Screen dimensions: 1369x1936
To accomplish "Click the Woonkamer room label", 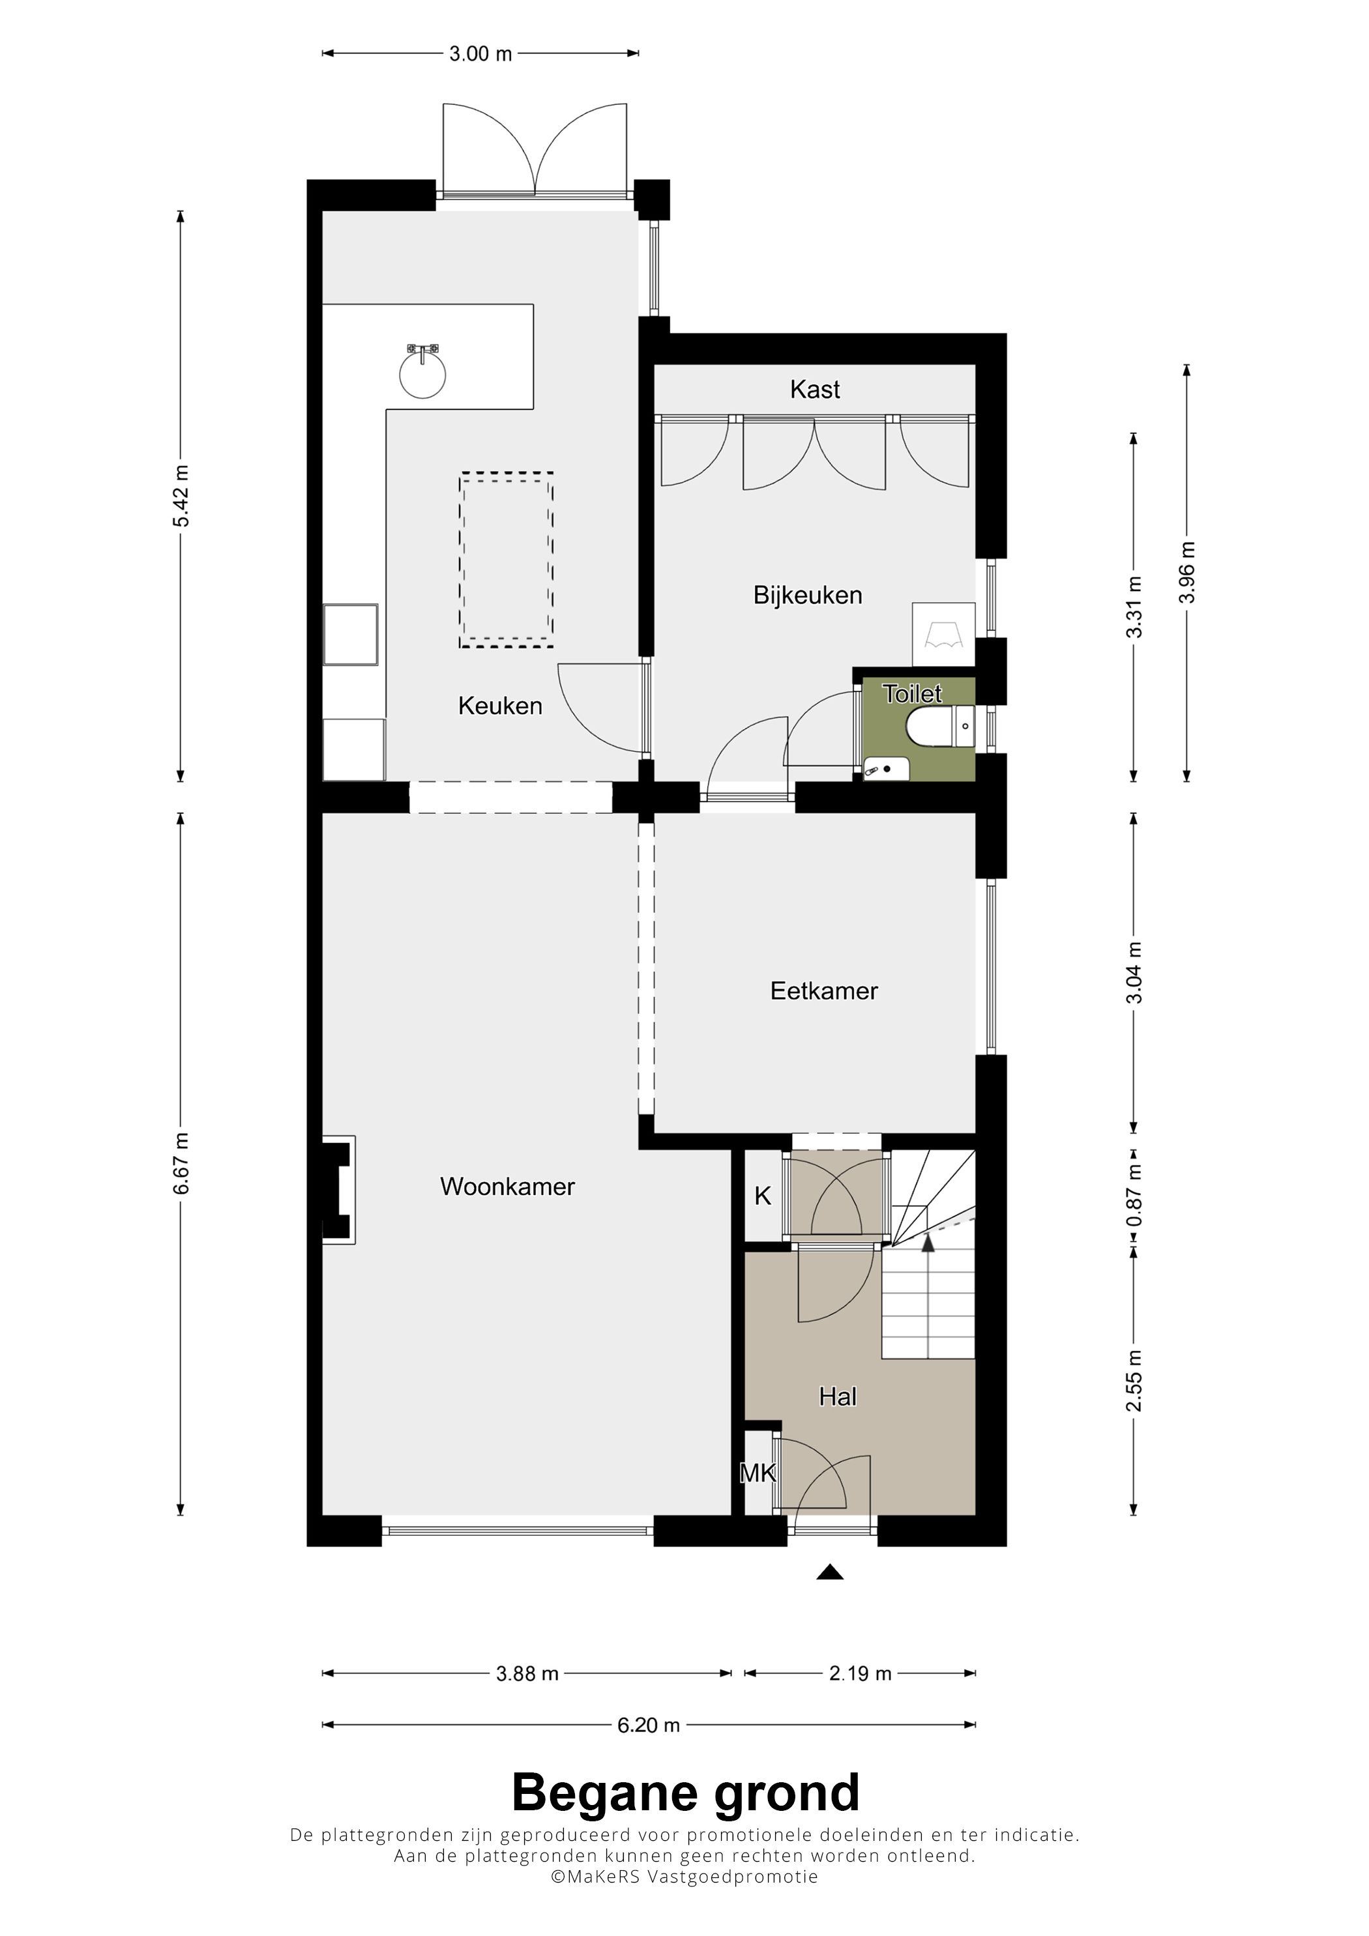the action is click(x=507, y=1187).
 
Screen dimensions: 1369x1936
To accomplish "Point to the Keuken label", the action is click(x=500, y=706).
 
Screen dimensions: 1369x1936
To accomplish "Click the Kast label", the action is click(x=815, y=390).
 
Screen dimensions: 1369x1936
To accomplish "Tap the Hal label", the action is click(x=838, y=1397).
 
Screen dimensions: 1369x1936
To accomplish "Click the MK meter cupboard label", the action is click(x=758, y=1473).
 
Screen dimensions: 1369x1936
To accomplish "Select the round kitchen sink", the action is click(x=422, y=373).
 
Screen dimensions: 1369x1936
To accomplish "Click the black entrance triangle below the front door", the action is click(x=830, y=1572).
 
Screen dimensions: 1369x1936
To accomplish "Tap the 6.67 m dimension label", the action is click(x=181, y=1164).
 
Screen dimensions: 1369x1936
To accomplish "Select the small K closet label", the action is click(x=763, y=1196).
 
